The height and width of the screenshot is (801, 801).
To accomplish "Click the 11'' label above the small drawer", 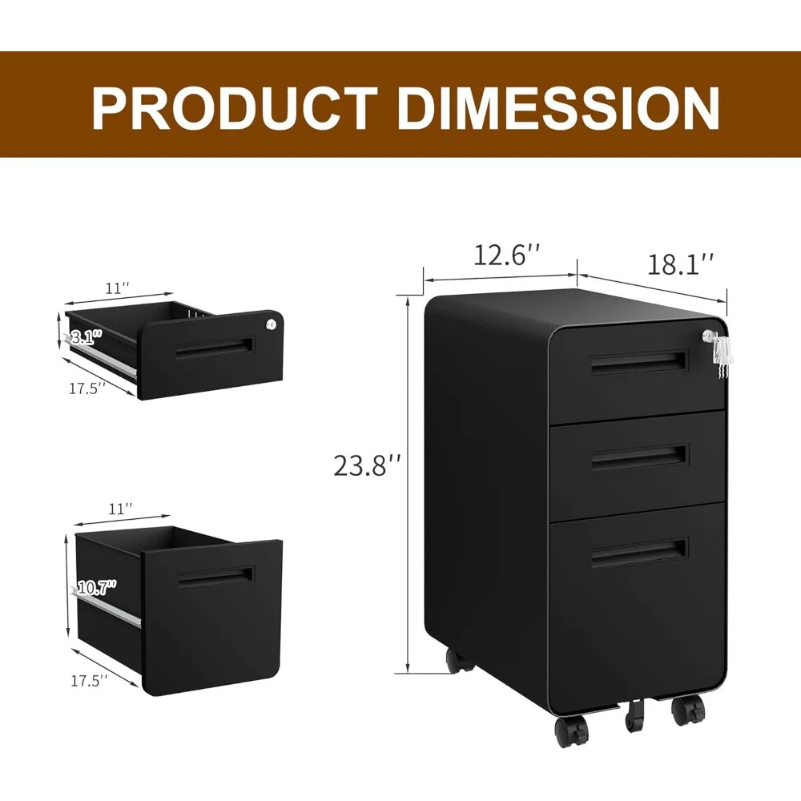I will tap(118, 287).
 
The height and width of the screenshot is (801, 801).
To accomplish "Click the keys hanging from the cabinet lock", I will tap(722, 356).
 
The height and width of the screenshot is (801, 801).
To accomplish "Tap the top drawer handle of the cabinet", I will tap(638, 362).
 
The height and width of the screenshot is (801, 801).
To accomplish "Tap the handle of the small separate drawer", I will tap(214, 348).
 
